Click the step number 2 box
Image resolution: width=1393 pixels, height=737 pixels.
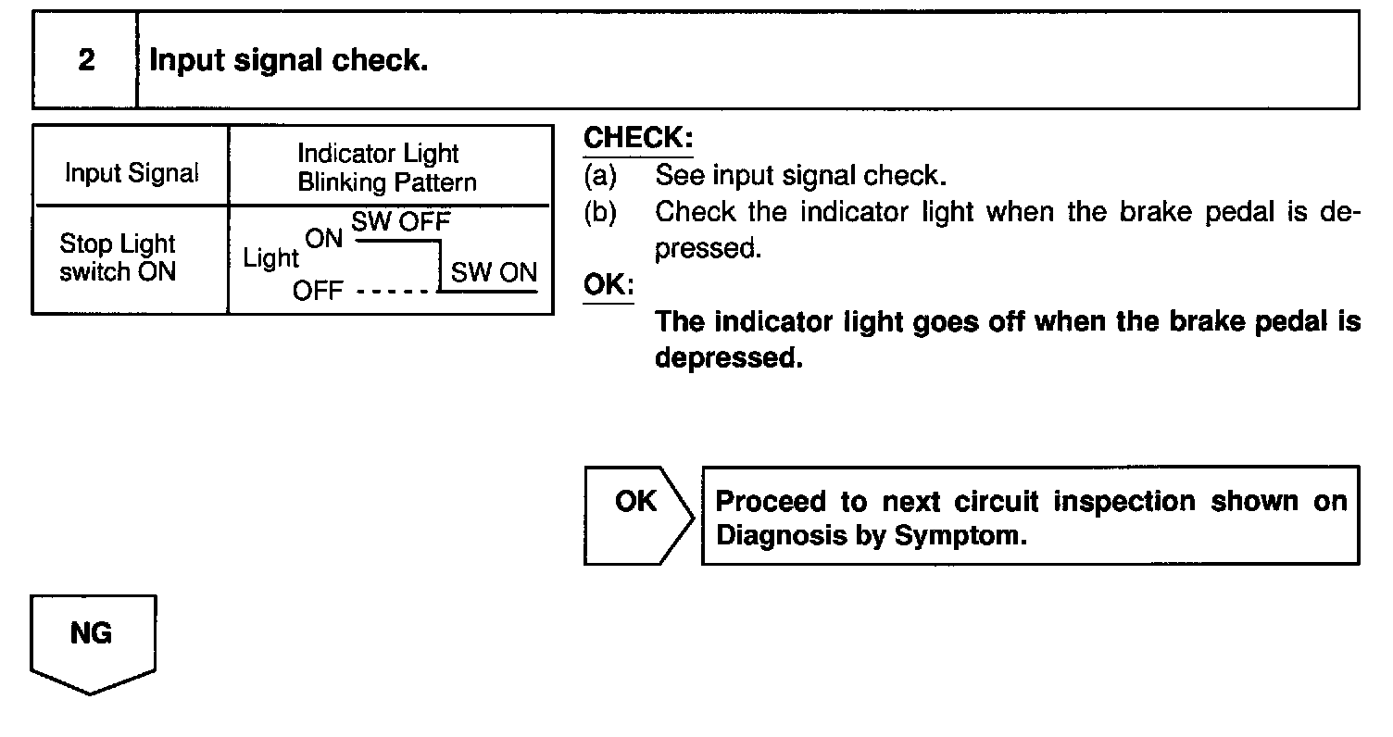85,61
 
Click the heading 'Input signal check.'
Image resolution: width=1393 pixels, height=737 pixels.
288,61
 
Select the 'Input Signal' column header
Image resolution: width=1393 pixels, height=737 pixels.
132,173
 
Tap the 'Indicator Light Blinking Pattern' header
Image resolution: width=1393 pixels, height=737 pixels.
386,168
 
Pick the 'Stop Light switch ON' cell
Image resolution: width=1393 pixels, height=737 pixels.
118,258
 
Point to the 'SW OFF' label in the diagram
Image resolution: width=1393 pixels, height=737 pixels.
400,222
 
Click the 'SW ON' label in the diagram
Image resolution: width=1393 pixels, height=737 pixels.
494,273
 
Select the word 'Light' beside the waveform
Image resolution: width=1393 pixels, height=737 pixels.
270,259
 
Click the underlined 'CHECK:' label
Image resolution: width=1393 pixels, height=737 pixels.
637,139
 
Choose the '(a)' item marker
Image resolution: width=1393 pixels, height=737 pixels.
600,174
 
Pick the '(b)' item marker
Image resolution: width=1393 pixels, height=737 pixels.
600,212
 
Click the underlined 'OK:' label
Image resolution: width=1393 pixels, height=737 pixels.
608,284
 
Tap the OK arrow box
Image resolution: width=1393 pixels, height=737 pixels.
637,514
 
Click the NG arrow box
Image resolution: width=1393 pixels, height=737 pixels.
92,643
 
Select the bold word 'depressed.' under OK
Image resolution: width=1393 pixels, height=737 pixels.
728,358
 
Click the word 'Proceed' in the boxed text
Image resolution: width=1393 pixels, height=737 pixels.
772,502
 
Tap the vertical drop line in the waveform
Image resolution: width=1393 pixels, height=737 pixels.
437,267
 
